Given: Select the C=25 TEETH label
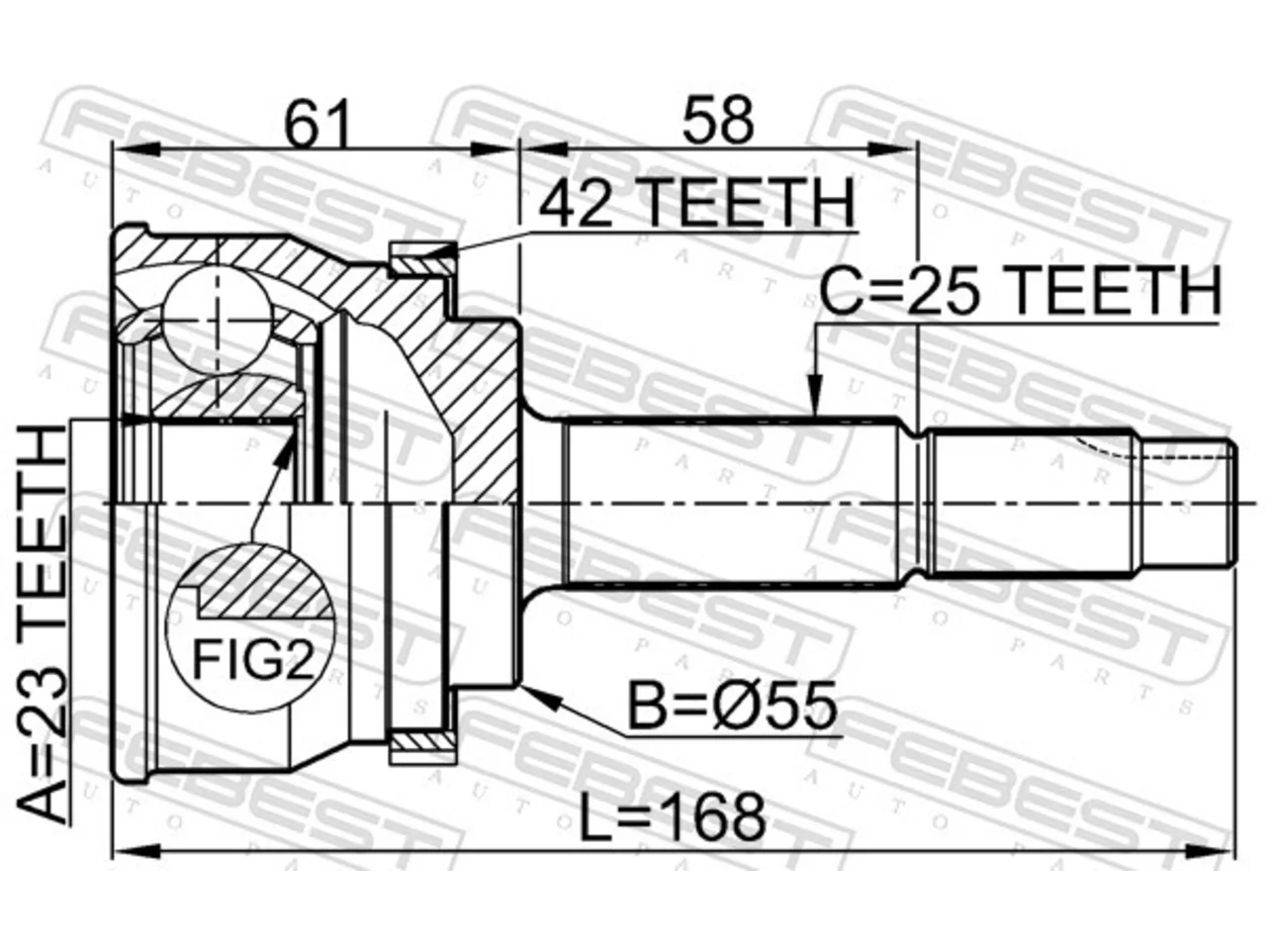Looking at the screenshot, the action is point(1020,291).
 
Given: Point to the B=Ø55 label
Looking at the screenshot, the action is point(731,705).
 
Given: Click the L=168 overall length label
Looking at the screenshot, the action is point(673,817).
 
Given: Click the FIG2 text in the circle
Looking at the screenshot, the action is point(253,660).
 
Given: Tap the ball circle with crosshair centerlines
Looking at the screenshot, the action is point(217,319).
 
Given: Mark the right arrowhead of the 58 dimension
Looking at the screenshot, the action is point(892,150).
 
